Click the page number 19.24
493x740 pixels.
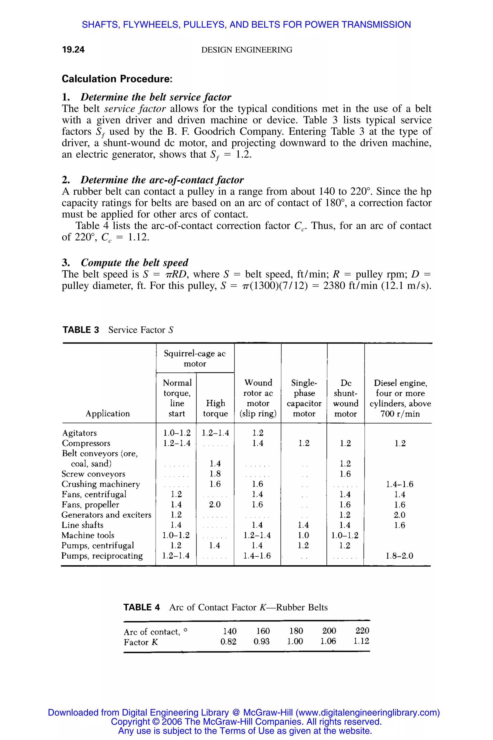(x=73, y=49)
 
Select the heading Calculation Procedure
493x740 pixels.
(x=117, y=79)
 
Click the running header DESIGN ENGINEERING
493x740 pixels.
(x=246, y=50)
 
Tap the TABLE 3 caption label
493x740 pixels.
(x=81, y=330)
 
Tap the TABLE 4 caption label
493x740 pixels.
(x=142, y=607)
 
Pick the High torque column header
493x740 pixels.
(x=215, y=408)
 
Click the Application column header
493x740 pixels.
(x=108, y=413)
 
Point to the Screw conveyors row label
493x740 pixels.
(x=93, y=474)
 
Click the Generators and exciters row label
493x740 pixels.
(x=106, y=515)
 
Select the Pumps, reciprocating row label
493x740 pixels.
(x=102, y=556)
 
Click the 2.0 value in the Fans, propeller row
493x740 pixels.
(x=215, y=505)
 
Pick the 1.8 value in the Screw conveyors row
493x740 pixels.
(x=215, y=474)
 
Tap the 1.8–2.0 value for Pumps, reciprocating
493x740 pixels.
(x=399, y=556)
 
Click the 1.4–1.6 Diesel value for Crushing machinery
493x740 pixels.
(x=400, y=484)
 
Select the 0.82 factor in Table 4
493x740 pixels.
(x=228, y=641)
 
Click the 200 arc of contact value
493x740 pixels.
(x=329, y=631)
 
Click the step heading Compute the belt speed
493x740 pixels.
(x=134, y=262)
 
